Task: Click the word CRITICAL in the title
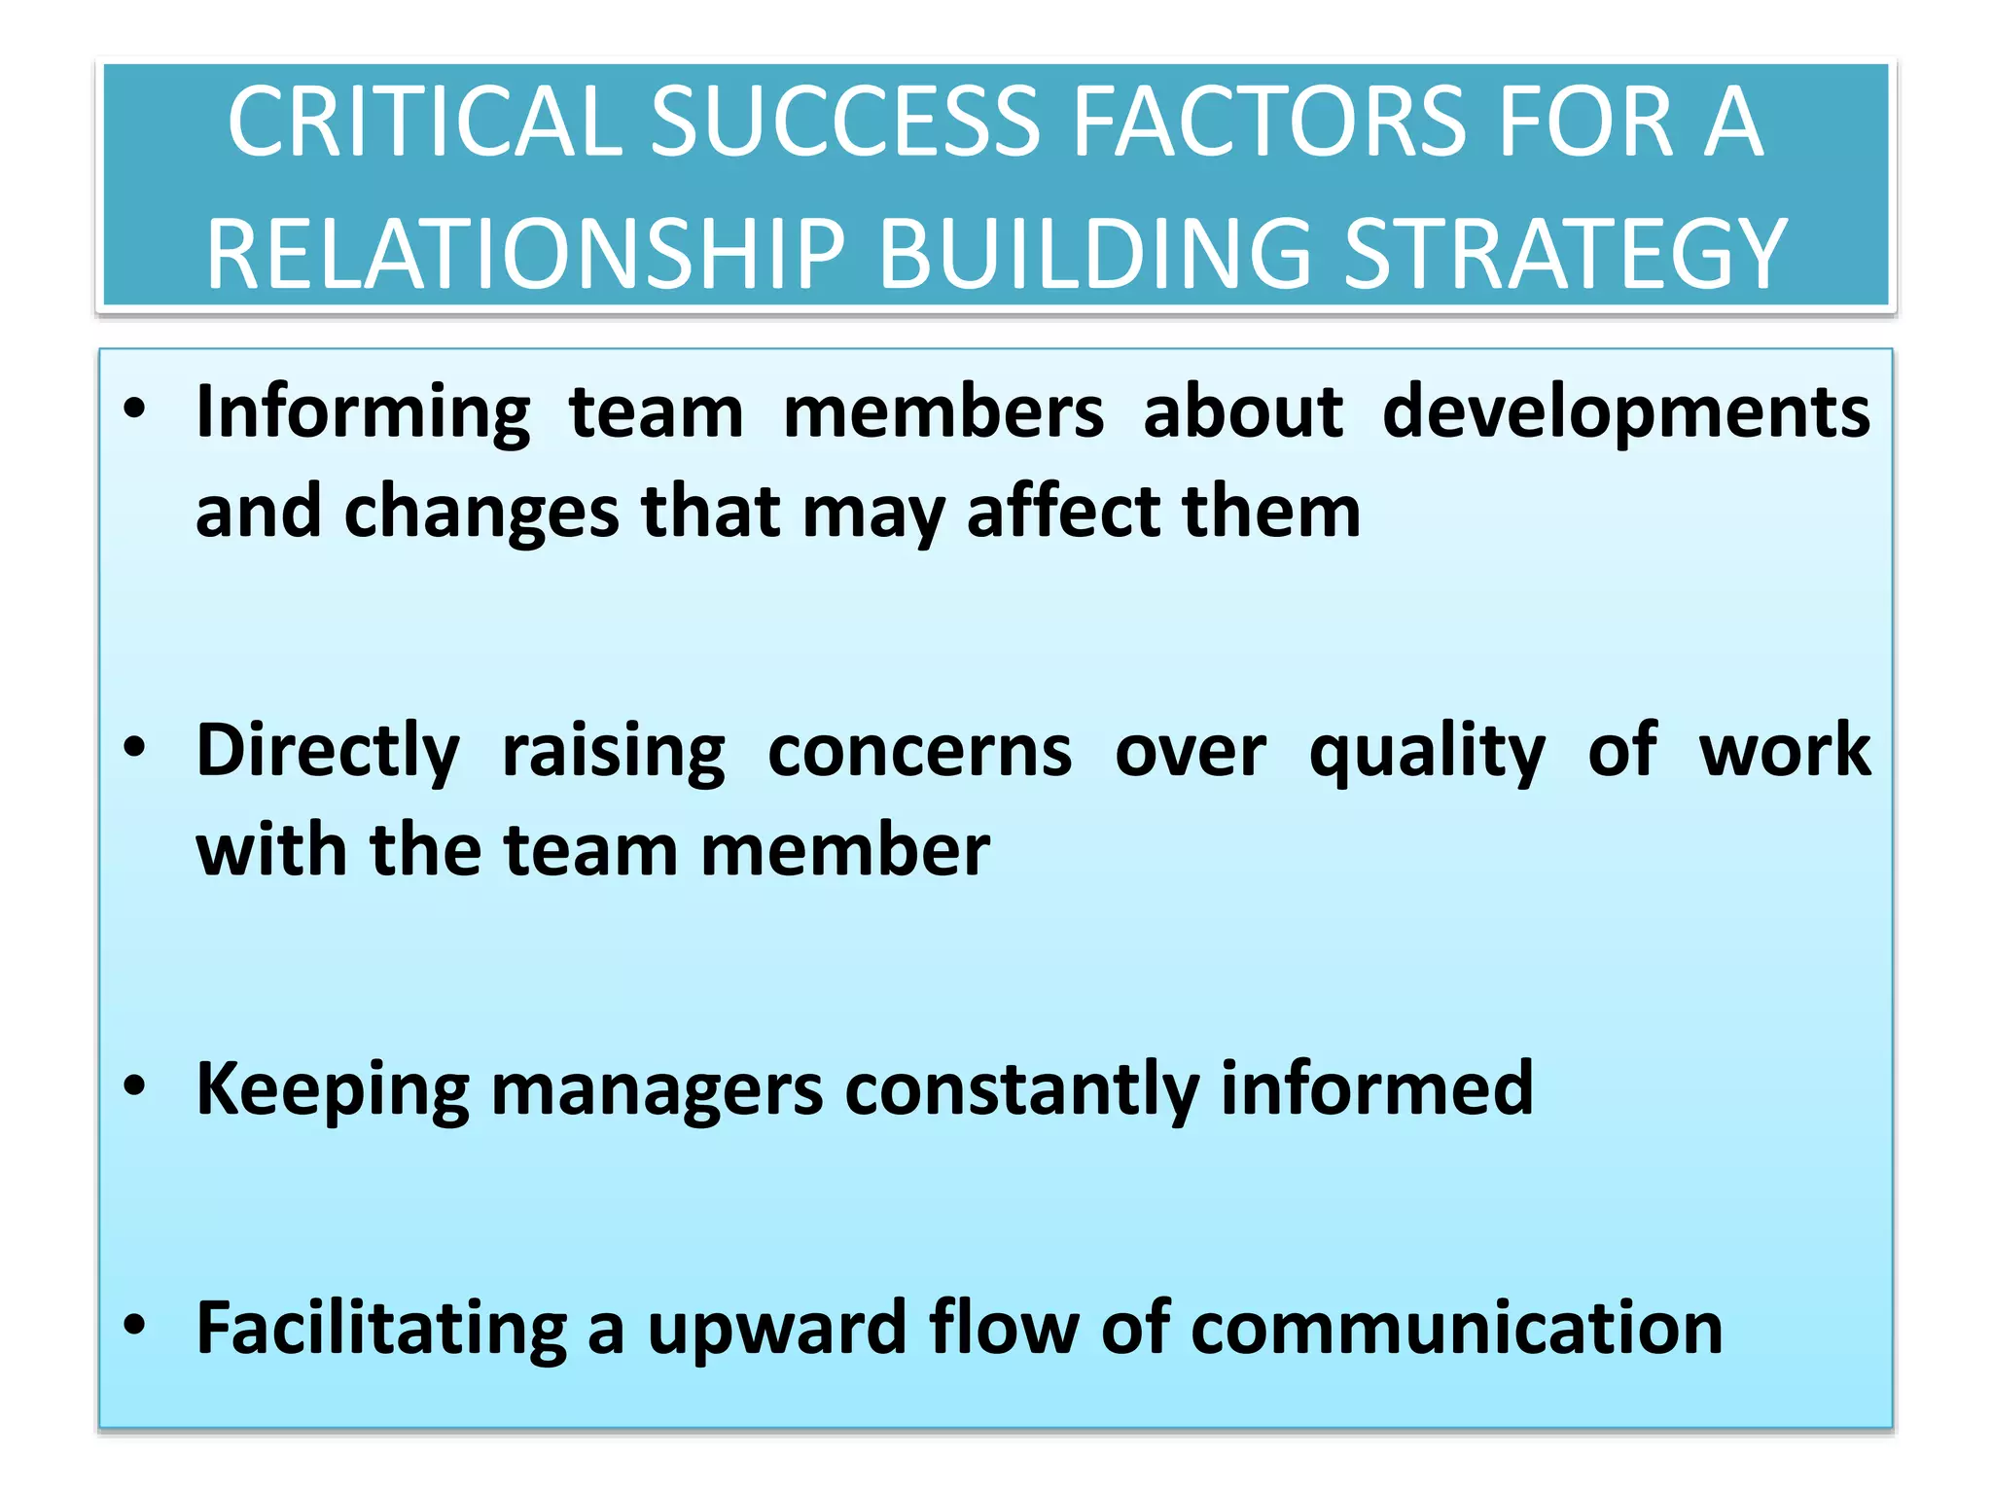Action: click(x=424, y=123)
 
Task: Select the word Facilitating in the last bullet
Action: click(x=381, y=1329)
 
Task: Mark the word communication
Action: click(x=1456, y=1329)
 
